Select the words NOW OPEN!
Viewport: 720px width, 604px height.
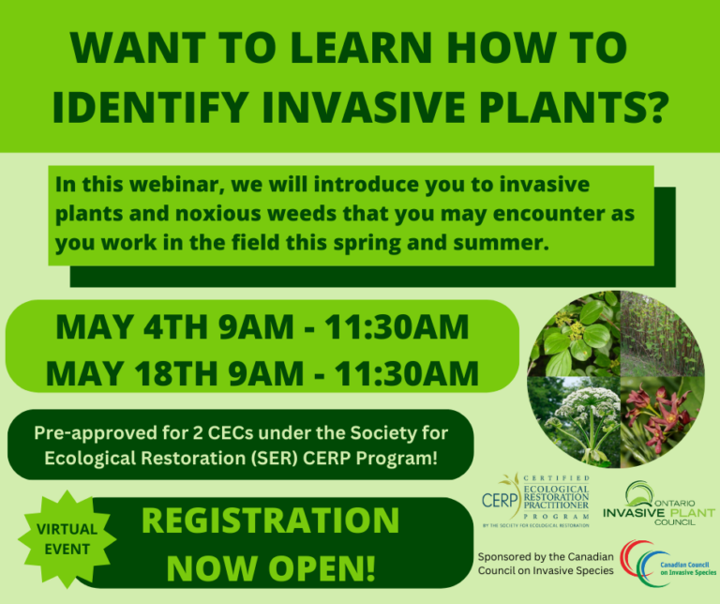click(272, 566)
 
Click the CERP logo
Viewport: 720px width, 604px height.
click(535, 499)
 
